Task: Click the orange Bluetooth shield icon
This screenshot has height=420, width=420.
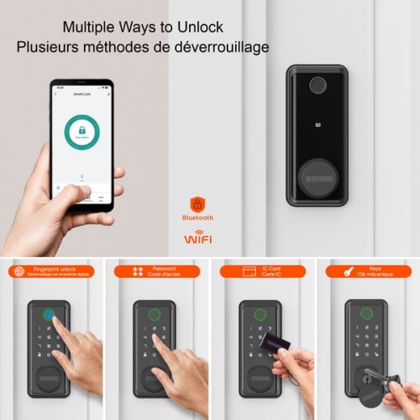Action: pyautogui.click(x=197, y=204)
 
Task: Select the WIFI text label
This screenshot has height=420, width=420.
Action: pyautogui.click(x=197, y=239)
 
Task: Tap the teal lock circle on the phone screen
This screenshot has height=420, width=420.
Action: pyautogui.click(x=81, y=132)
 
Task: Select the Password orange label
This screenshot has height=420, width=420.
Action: pyautogui.click(x=157, y=270)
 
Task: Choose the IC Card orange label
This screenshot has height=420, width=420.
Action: pyautogui.click(x=263, y=270)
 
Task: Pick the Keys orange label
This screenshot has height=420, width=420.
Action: pyautogui.click(x=367, y=270)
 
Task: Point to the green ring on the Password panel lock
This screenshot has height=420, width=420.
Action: pyautogui.click(x=155, y=317)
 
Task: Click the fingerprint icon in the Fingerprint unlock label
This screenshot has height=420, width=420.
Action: pyautogui.click(x=18, y=270)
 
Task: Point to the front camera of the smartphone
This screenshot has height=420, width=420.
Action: pyautogui.click(x=81, y=87)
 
